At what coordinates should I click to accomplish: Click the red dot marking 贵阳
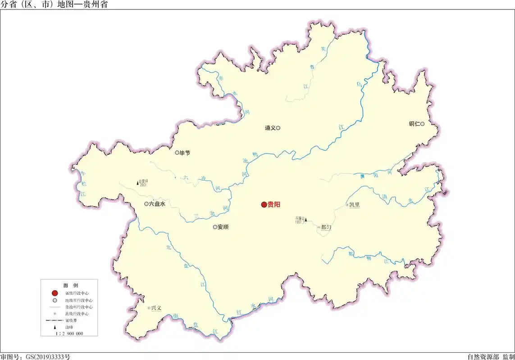(264, 205)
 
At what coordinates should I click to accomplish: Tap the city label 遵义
(270, 128)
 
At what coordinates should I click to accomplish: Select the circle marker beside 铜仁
(422, 124)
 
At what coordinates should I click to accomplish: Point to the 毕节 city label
(185, 153)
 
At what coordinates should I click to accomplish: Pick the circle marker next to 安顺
(215, 227)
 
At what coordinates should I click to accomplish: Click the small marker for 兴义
(149, 308)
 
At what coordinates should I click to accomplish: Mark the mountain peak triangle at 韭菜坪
(137, 183)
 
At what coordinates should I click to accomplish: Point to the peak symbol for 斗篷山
(306, 220)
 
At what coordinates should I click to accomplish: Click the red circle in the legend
(55, 293)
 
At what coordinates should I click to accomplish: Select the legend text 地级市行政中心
(79, 300)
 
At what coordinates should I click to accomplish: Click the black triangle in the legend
(55, 327)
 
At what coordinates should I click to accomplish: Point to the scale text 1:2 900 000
(69, 334)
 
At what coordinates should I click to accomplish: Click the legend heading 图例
(70, 286)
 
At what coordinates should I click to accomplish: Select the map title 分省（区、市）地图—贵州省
(54, 5)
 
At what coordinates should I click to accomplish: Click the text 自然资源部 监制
(490, 356)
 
